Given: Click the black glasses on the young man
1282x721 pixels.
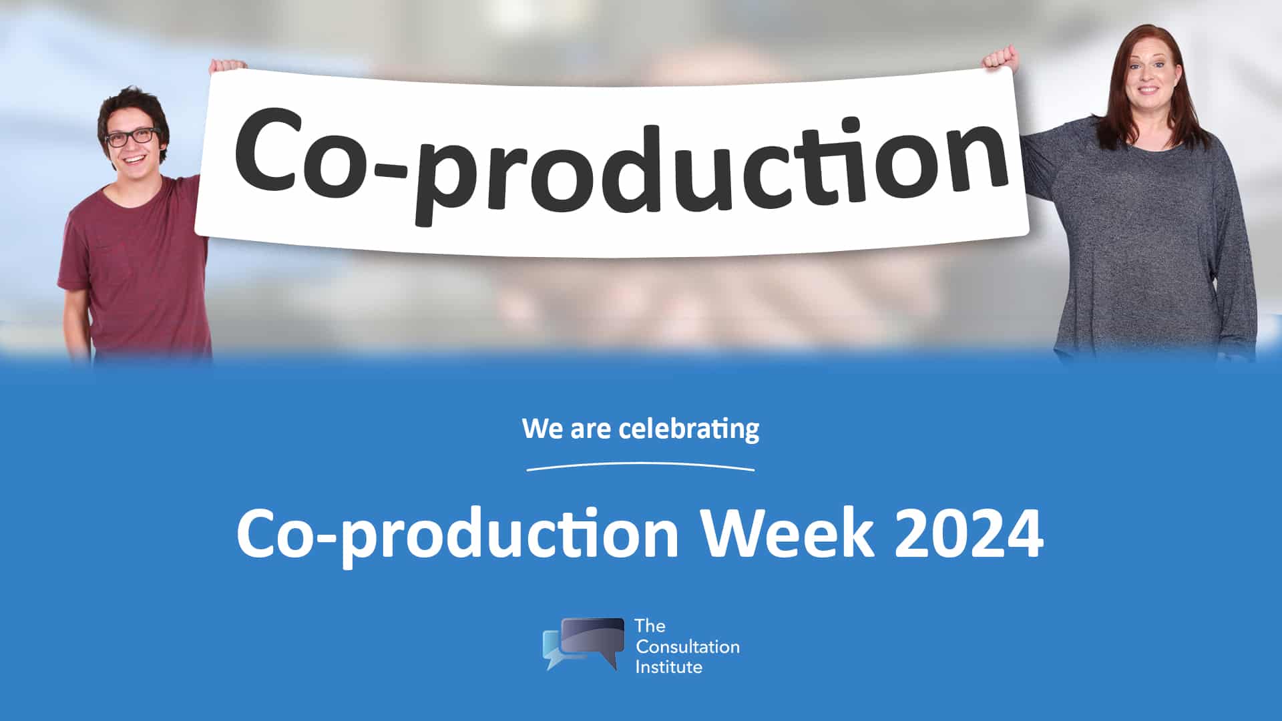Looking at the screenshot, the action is click(132, 137).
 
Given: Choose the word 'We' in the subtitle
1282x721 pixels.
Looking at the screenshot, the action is click(543, 429).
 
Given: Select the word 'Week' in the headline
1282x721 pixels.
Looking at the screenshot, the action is click(787, 533).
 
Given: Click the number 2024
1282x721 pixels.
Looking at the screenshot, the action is click(969, 533).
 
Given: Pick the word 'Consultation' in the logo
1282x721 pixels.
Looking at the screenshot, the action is click(688, 646).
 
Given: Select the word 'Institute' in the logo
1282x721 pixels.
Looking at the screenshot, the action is click(669, 666).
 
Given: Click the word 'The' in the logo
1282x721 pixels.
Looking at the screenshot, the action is click(650, 626).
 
